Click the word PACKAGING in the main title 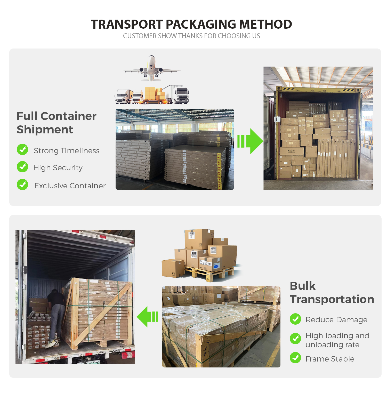(x=201, y=24)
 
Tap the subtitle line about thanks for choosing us (x=191, y=36)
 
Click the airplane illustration (x=151, y=68)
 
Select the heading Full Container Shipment (x=57, y=123)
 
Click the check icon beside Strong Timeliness (x=22, y=149)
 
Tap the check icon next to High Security (x=22, y=167)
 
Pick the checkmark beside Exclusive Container (x=22, y=185)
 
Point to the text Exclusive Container (x=70, y=186)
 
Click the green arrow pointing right (x=250, y=141)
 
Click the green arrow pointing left (x=147, y=317)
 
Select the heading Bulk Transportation (x=332, y=293)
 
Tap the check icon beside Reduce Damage (x=295, y=319)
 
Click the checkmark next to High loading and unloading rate (x=295, y=339)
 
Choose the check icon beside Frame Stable (x=295, y=358)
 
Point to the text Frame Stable (x=330, y=359)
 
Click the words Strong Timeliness (x=67, y=150)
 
